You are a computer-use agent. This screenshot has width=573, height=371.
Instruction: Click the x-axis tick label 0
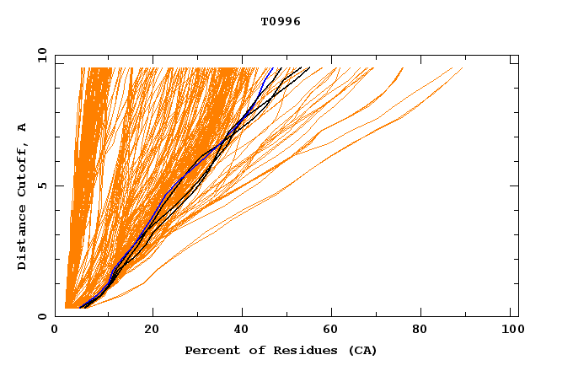pos(55,329)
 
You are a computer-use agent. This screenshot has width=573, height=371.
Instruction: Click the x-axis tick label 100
pos(510,329)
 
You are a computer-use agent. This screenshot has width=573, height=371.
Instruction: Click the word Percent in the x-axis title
pos(208,350)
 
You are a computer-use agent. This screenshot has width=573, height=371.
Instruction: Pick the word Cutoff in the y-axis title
pos(23,167)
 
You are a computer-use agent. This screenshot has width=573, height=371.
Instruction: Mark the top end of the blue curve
pos(273,67)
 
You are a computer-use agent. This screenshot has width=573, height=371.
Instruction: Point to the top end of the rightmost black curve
pos(310,67)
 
